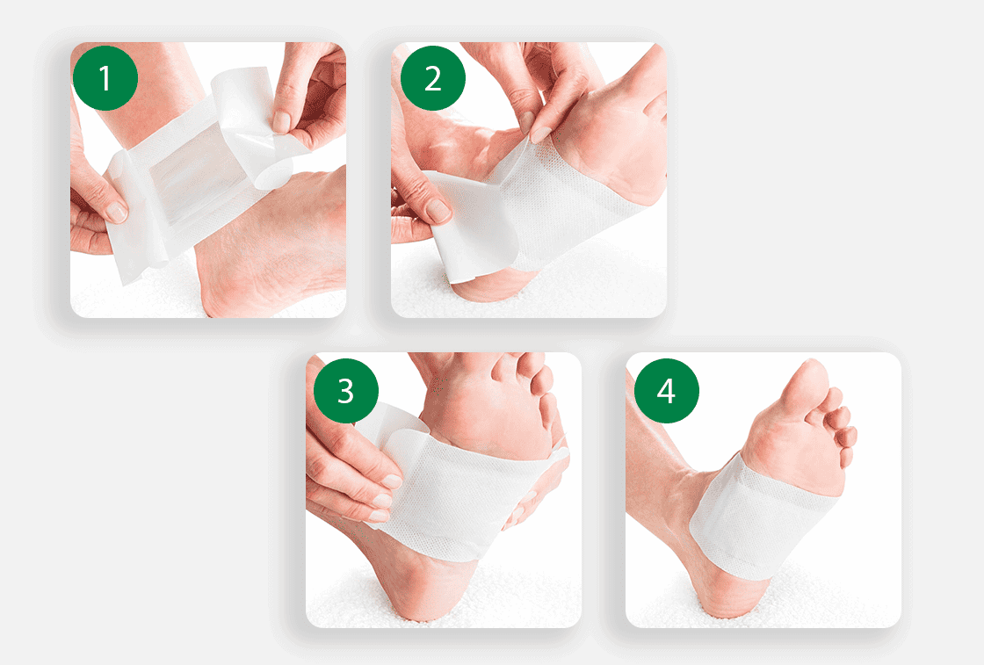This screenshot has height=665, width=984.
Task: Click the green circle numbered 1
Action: pyautogui.click(x=105, y=78)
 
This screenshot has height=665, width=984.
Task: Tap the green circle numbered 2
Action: pyautogui.click(x=432, y=78)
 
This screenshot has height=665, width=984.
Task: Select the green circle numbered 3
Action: pyautogui.click(x=346, y=391)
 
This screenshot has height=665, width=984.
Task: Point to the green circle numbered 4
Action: pyautogui.click(x=666, y=391)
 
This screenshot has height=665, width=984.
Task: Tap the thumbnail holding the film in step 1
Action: pyautogui.click(x=282, y=121)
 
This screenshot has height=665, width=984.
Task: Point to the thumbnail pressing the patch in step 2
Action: pyautogui.click(x=539, y=134)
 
